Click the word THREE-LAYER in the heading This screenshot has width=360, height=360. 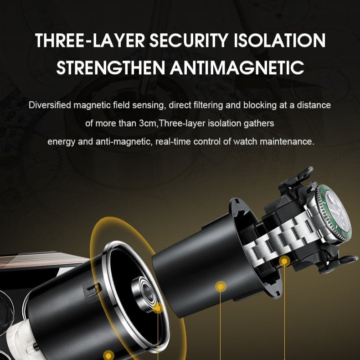[90, 41]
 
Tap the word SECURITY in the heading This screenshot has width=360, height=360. [189, 41]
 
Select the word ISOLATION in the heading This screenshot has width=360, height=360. [280, 41]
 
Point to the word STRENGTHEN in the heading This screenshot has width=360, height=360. [111, 67]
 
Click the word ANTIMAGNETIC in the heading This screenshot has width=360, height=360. [237, 67]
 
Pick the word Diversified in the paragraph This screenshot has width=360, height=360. [50, 105]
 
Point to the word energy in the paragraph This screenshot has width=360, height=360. [61, 142]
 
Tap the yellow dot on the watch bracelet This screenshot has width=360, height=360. [284, 261]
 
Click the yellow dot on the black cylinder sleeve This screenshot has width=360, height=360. [221, 287]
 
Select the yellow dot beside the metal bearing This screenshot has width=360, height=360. [158, 308]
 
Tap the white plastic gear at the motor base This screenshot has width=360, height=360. [20, 340]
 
